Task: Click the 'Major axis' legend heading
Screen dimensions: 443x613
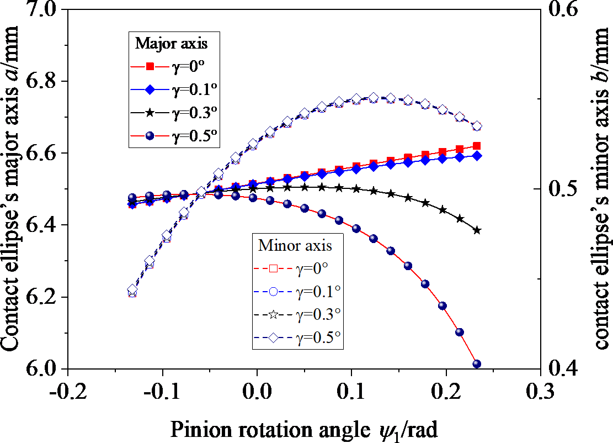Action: [172, 43]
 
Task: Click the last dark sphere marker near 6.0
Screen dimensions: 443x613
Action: [477, 364]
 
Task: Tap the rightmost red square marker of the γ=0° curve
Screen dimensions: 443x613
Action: [477, 146]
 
